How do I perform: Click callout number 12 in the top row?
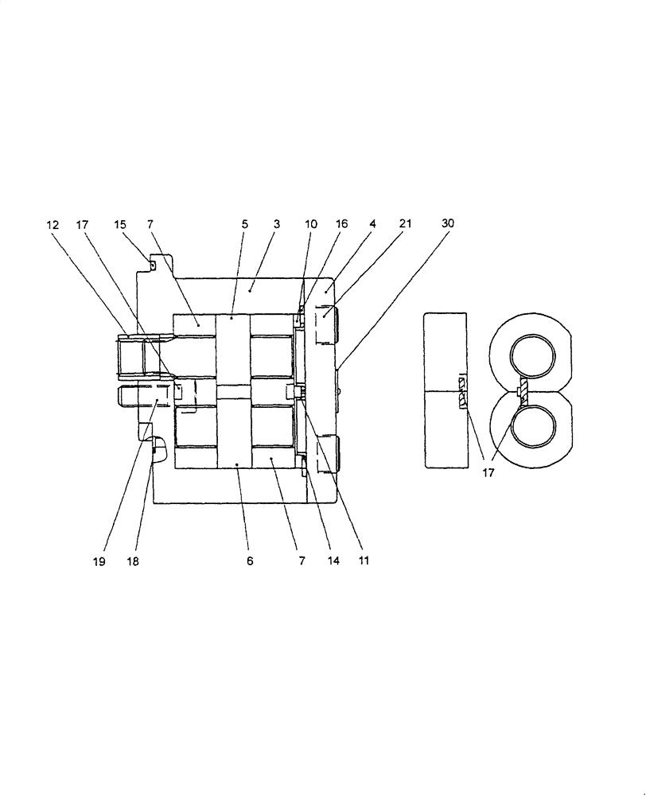53,224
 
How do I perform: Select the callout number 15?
121,224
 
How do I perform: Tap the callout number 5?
244,224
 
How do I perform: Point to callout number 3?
276,224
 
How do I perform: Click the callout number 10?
311,224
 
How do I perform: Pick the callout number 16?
341,224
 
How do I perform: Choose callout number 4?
372,224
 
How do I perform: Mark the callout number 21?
405,224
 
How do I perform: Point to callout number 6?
250,560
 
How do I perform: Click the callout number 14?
333,560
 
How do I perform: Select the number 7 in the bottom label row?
301,560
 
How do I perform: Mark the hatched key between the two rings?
523,393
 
